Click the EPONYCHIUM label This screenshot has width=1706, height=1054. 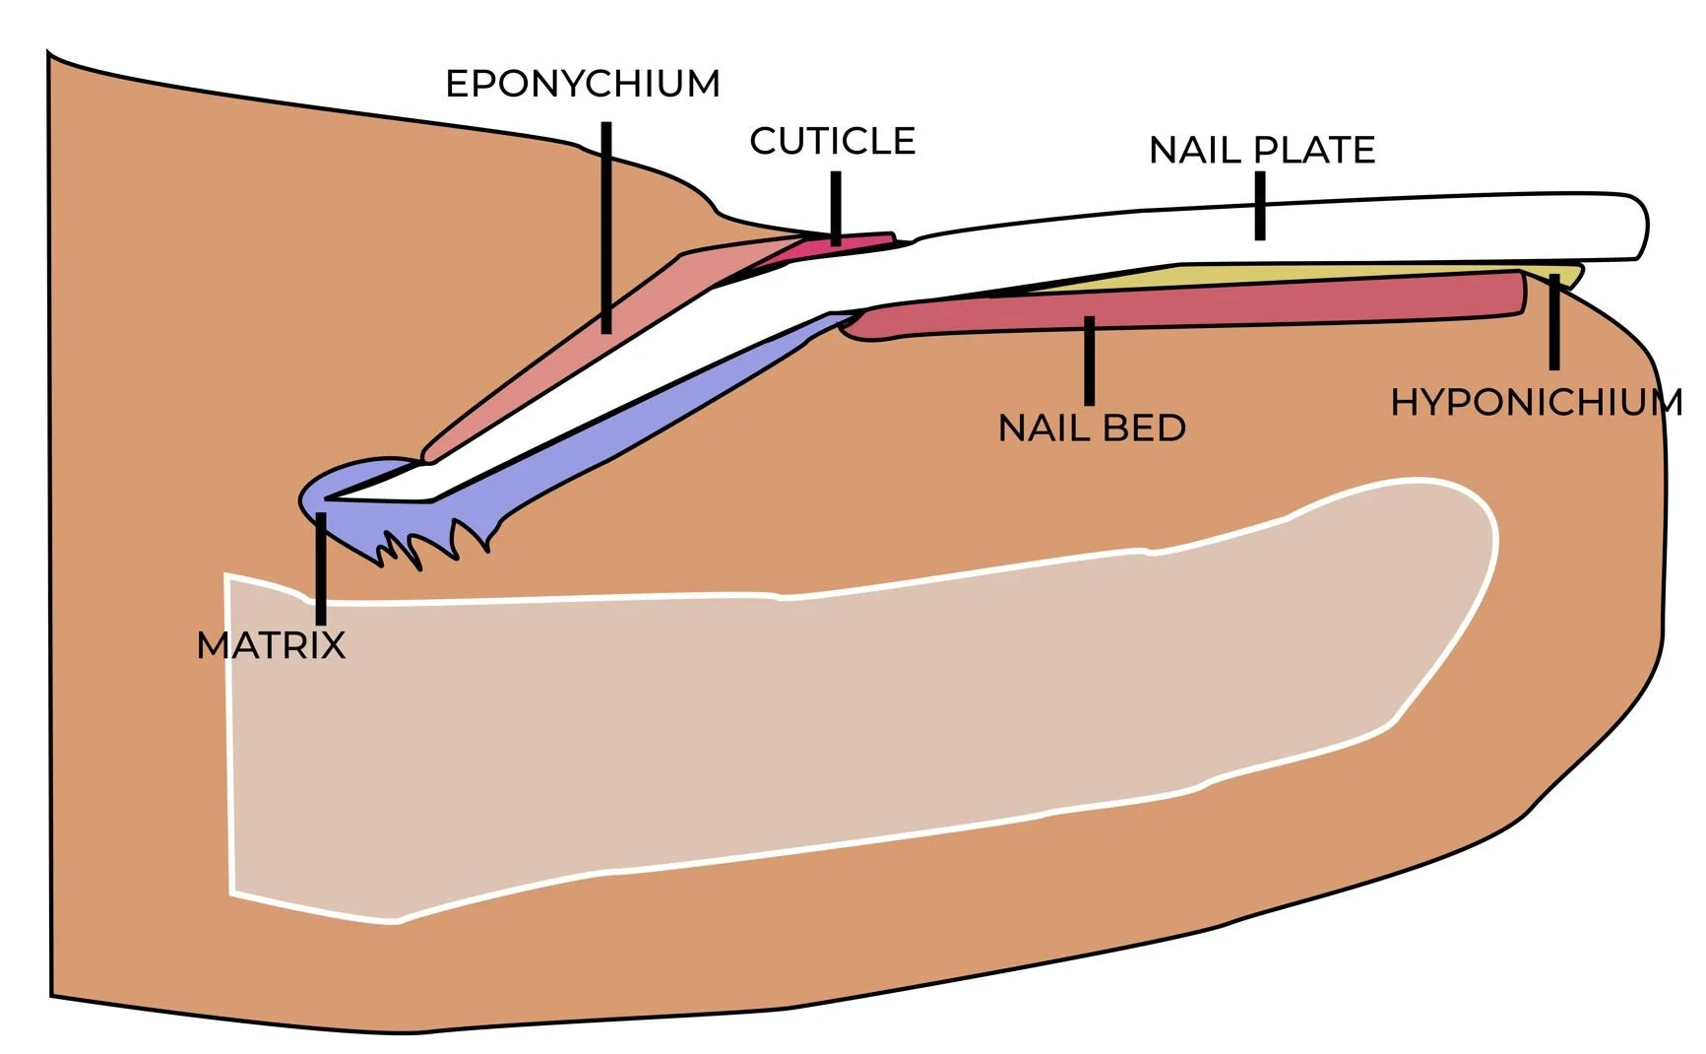[582, 85]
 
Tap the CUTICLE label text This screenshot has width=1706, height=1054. [832, 142]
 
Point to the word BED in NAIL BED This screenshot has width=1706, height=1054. [1143, 428]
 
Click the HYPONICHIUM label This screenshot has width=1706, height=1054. [1536, 403]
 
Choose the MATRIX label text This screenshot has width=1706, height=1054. [271, 646]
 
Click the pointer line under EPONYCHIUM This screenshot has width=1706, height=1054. [606, 227]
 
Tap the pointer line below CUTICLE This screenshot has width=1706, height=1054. [836, 207]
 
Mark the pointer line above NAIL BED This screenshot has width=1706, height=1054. [1089, 361]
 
